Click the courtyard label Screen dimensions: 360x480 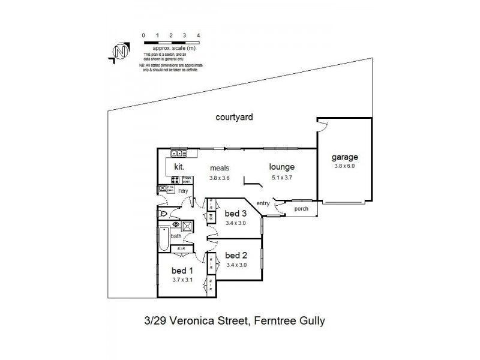(x=234, y=118)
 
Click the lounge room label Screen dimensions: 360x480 (x=281, y=168)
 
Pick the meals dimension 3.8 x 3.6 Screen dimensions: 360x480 (x=220, y=178)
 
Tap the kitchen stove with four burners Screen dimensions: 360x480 (x=176, y=179)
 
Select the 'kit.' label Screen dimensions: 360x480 (x=179, y=166)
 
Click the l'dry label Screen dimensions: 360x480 (x=183, y=191)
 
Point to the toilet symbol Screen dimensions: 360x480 (x=161, y=213)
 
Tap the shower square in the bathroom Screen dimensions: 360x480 (x=187, y=226)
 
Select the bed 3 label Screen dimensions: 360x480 (x=236, y=214)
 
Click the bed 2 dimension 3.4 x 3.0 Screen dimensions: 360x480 (x=236, y=265)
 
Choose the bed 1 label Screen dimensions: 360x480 (x=181, y=270)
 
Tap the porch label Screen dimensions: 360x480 (x=301, y=209)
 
